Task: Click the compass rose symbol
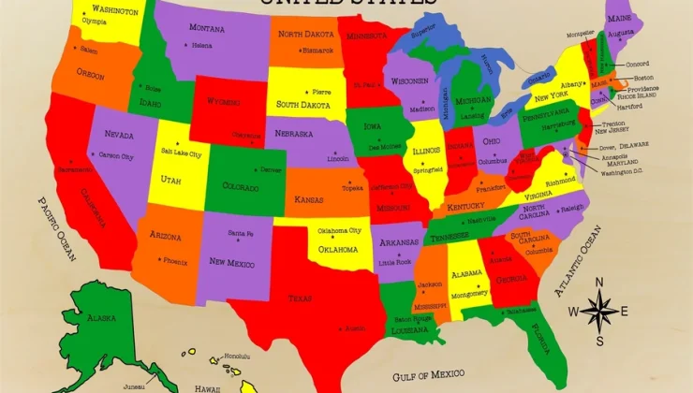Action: pyautogui.click(x=599, y=310)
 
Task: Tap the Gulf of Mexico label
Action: pyautogui.click(x=429, y=375)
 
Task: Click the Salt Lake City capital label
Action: pyautogui.click(x=181, y=152)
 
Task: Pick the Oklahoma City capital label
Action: pyautogui.click(x=339, y=231)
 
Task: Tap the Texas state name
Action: pyautogui.click(x=301, y=298)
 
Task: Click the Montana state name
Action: pyautogui.click(x=207, y=28)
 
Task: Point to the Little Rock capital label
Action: pyautogui.click(x=393, y=262)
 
